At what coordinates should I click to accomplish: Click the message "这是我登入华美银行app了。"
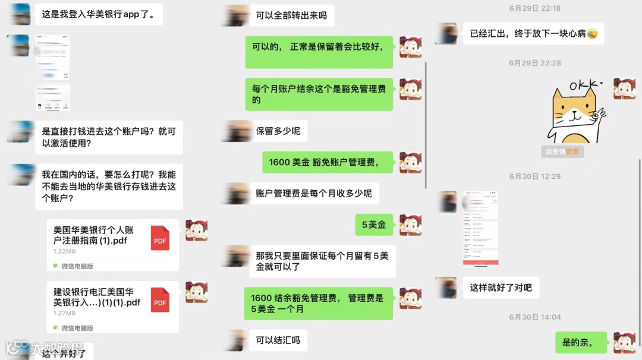(x=99, y=14)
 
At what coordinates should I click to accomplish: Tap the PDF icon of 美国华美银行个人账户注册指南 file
(x=160, y=238)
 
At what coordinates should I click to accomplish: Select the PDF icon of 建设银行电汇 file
(x=160, y=299)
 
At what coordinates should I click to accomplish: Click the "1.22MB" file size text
(x=64, y=251)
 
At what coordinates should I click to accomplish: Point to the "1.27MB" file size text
(x=64, y=313)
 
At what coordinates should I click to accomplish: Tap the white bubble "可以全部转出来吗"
(x=291, y=15)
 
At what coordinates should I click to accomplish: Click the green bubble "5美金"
(x=374, y=225)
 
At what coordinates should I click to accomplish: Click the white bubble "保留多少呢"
(x=278, y=131)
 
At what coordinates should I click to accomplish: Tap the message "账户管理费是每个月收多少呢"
(x=314, y=193)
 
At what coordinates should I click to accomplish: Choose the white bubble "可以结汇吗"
(x=278, y=340)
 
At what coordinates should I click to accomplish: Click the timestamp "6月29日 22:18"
(x=534, y=8)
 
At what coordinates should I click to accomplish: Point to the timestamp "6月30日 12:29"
(x=534, y=176)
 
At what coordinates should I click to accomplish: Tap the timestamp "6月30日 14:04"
(x=534, y=317)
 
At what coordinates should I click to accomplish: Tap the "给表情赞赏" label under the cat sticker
(x=562, y=151)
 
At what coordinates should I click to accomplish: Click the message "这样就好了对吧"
(x=501, y=288)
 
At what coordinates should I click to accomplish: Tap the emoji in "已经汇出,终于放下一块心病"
(x=592, y=34)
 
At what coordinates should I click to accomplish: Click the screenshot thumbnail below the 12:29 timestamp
(x=480, y=229)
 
